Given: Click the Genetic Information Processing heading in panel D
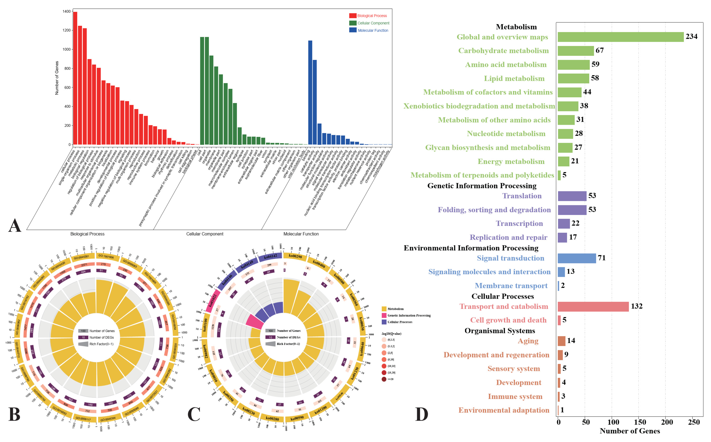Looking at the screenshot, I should pos(482,186).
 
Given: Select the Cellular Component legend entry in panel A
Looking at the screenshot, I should pos(369,23).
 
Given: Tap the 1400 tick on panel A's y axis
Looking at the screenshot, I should pos(66,11).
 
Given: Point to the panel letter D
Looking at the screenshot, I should pos(421,414).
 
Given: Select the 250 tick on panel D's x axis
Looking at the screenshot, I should pos(694,422).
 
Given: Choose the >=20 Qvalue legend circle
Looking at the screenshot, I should pos(384,379).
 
